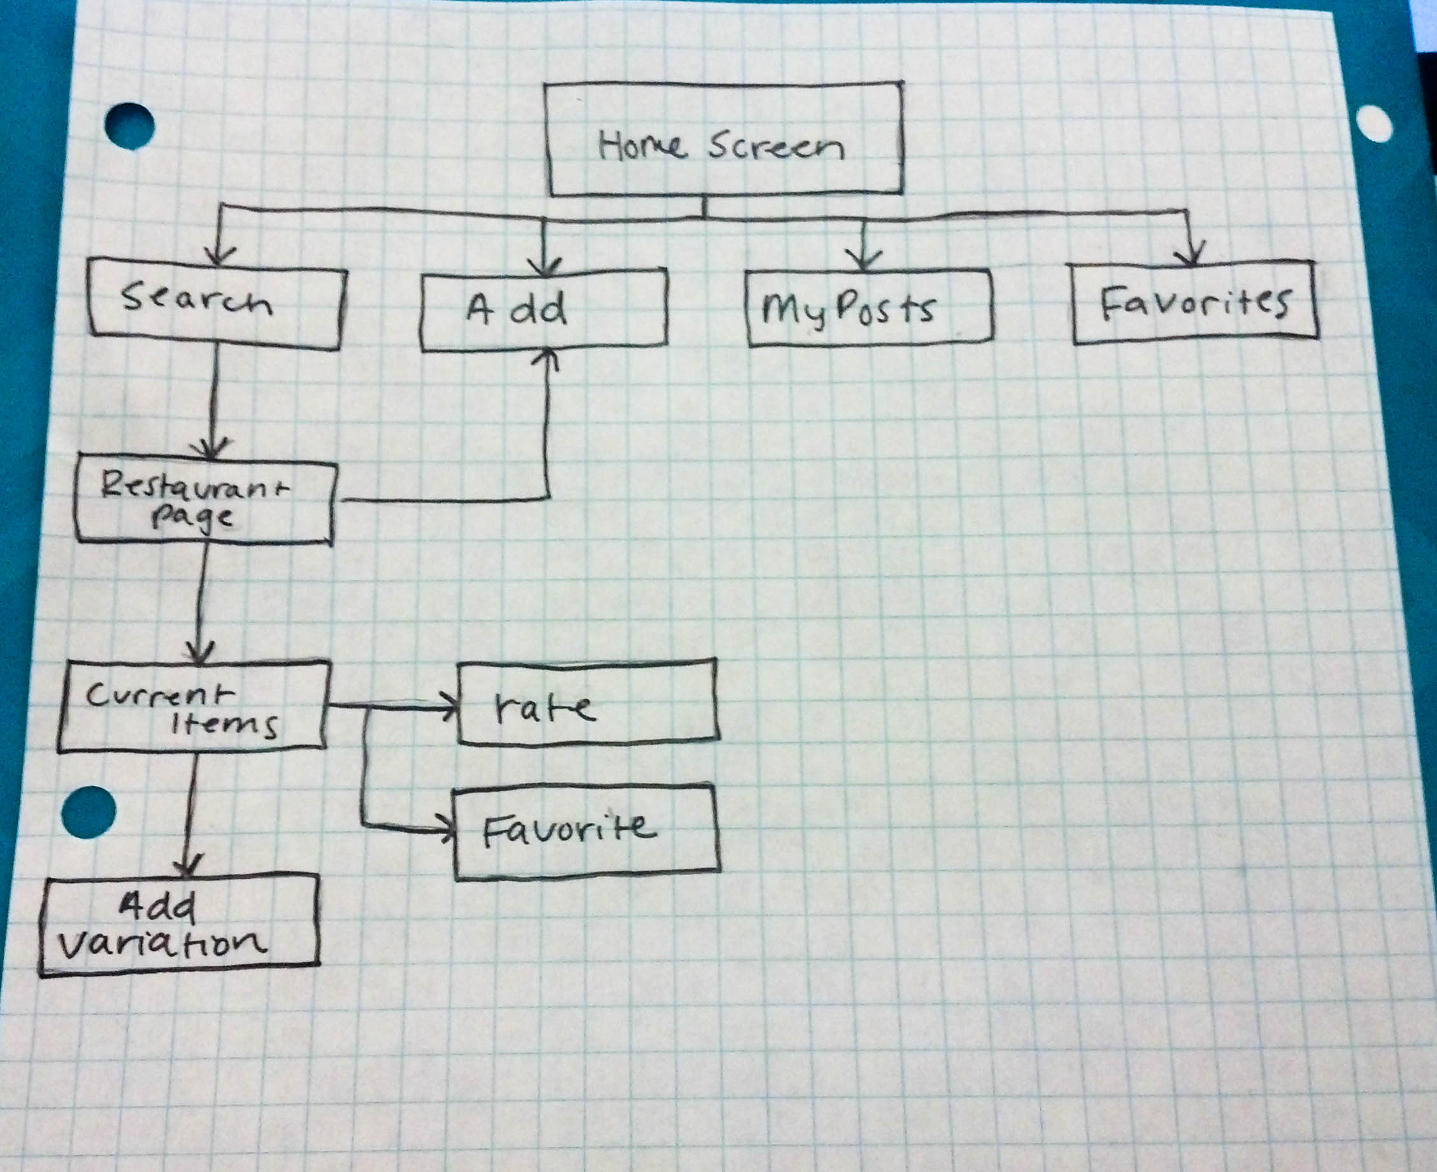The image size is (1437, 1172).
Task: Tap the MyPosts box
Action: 869,308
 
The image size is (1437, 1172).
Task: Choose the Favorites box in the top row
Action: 1195,303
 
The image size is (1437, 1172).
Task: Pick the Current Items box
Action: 193,706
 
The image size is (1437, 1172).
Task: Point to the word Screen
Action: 776,146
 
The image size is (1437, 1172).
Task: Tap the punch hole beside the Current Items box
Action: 89,813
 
